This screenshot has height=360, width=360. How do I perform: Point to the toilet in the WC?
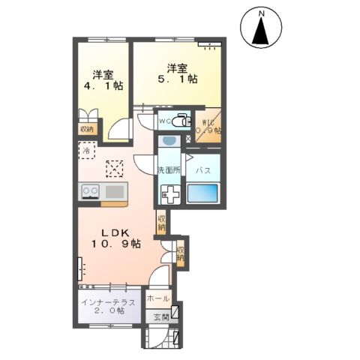pyautogui.click(x=180, y=120)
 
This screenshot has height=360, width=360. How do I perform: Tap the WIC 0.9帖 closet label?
pyautogui.click(x=208, y=124)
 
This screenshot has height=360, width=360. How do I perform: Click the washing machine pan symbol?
pyautogui.click(x=168, y=194)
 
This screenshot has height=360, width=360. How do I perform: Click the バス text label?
pyautogui.click(x=202, y=170)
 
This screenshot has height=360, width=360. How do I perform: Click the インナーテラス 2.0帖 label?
pyautogui.click(x=108, y=307)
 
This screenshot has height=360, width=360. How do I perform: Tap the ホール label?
pyautogui.click(x=157, y=298)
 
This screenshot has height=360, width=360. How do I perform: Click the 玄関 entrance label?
pyautogui.click(x=161, y=317)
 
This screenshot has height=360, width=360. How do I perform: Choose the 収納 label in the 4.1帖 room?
pyautogui.click(x=87, y=128)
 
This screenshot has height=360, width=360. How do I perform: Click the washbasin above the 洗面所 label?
pyautogui.click(x=168, y=140)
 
